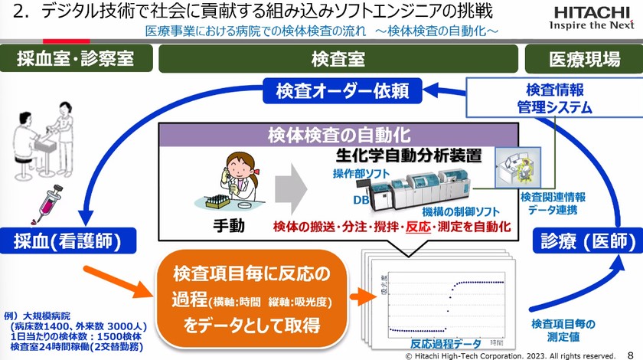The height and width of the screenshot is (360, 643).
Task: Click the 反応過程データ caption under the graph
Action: pos(445,343)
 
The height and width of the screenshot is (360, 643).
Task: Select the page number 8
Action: pos(630,355)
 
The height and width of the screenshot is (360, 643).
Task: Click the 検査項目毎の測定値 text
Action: pos(563,330)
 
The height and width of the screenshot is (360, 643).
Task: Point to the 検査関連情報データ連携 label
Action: pos(550,202)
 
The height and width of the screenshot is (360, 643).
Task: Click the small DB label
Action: pos(359,199)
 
